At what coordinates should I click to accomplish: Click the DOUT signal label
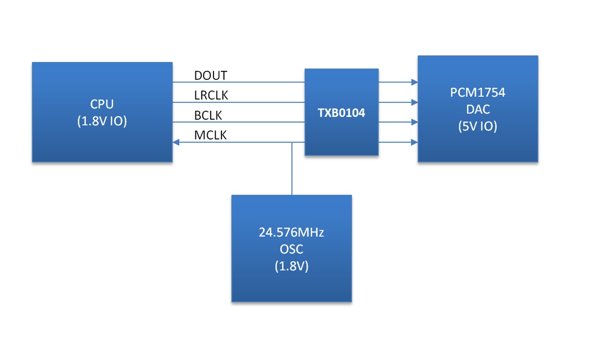coord(211,76)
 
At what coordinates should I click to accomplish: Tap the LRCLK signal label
coord(211,95)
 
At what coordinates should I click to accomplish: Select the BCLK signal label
coord(208,115)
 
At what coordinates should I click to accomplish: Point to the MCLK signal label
coord(210,135)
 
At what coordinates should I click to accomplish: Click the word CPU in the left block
coord(102,104)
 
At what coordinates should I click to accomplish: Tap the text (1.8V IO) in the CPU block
coord(102,121)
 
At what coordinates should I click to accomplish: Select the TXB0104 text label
coord(341,113)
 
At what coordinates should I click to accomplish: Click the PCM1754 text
coord(477,92)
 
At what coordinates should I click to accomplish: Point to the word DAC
coord(478,109)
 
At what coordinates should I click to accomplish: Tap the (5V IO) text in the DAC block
coord(477,126)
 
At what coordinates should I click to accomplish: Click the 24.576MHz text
coord(291,232)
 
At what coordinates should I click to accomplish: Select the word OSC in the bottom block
coord(291,249)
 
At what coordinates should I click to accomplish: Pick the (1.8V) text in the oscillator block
coord(292,266)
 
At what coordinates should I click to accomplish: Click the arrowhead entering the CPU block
coord(176,142)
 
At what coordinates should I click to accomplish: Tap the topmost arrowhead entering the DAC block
coord(414,82)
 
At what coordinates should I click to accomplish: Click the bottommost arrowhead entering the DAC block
coord(414,142)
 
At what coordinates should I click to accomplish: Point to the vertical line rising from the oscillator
coord(292,168)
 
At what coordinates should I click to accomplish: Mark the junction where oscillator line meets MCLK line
coord(292,142)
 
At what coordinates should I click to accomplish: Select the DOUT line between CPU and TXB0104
coord(239,82)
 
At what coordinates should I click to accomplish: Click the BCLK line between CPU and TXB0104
coord(239,122)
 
